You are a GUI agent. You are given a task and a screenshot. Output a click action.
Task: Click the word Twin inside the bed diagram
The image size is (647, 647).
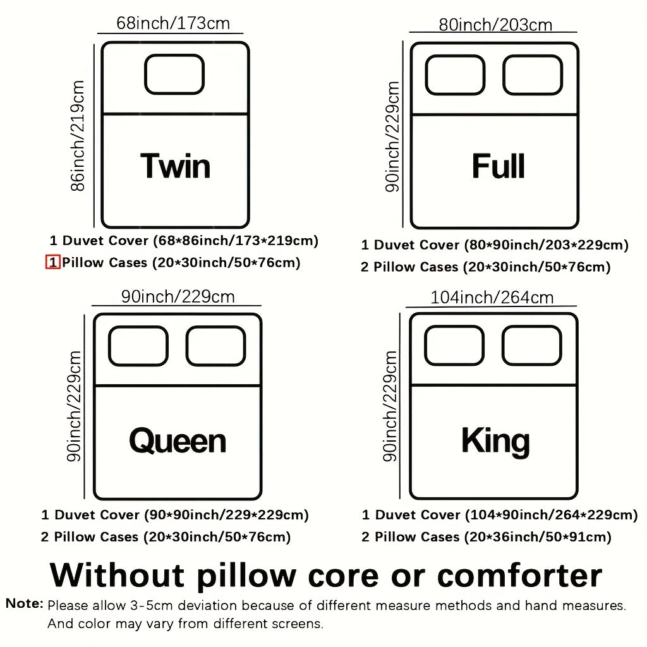176,166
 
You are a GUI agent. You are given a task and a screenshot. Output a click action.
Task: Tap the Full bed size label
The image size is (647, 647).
499,166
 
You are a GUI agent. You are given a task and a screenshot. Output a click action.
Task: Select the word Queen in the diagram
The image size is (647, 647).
178,440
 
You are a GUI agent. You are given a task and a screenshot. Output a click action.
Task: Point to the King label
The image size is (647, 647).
495,442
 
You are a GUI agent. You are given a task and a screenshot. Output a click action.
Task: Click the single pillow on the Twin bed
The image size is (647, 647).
174,75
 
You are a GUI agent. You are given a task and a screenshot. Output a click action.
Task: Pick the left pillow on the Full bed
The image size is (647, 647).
455,75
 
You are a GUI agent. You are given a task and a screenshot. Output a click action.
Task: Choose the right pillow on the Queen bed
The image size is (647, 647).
216,346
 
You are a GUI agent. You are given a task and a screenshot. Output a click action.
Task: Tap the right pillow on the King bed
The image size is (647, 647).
532,346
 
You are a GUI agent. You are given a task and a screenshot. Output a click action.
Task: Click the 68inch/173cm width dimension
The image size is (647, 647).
173,23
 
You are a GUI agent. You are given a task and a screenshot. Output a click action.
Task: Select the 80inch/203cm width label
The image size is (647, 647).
495,25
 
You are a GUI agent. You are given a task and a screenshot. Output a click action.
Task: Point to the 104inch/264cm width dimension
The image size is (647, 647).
492,298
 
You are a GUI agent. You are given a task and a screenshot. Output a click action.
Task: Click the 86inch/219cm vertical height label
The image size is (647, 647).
78,136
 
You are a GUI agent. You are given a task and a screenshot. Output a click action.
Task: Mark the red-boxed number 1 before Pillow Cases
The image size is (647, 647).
53,262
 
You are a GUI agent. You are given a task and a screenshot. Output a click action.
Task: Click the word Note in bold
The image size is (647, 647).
25,603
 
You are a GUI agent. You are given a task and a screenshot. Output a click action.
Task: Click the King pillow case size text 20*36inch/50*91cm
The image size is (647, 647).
538,537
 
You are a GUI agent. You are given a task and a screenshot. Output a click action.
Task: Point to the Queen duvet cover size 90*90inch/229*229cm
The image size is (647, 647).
226,515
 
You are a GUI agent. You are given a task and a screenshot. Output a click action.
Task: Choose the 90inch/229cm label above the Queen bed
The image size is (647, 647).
178,297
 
